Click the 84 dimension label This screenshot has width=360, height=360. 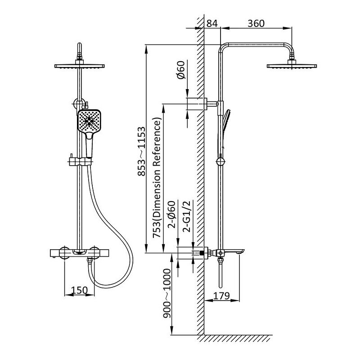click(212, 23)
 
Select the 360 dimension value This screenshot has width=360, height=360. click(256, 23)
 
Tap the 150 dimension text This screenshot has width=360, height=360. click(79, 290)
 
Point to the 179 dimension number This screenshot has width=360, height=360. click(221, 296)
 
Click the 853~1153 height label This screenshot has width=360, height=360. click(142, 151)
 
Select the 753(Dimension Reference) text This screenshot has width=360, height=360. click(157, 178)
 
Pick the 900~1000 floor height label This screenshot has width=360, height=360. click(167, 294)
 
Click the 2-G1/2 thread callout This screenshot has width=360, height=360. click(187, 216)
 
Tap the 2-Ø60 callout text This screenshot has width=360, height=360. click(171, 215)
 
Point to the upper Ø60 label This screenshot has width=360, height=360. click(181, 70)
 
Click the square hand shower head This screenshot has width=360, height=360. click(89, 121)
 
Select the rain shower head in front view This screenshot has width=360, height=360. click(80, 66)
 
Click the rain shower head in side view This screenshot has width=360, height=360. click(292, 66)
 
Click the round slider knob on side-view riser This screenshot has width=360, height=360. click(220, 162)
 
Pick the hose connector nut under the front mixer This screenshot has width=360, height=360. click(90, 260)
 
